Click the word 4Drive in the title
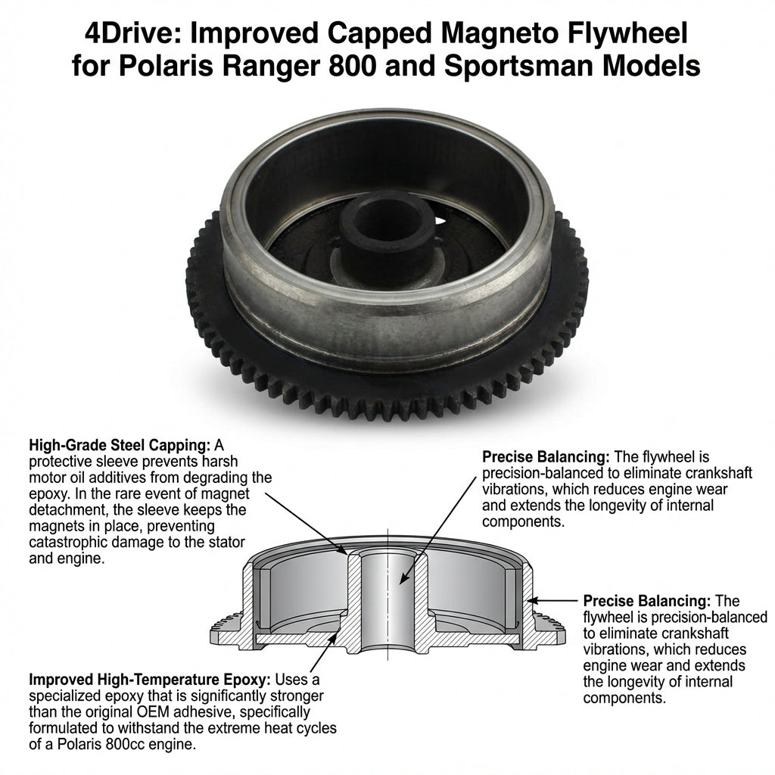click(x=130, y=34)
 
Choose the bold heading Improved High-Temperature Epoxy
click(x=150, y=680)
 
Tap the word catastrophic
click(x=68, y=543)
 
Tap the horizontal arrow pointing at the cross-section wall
click(x=552, y=600)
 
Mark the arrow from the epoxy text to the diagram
click(x=324, y=652)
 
